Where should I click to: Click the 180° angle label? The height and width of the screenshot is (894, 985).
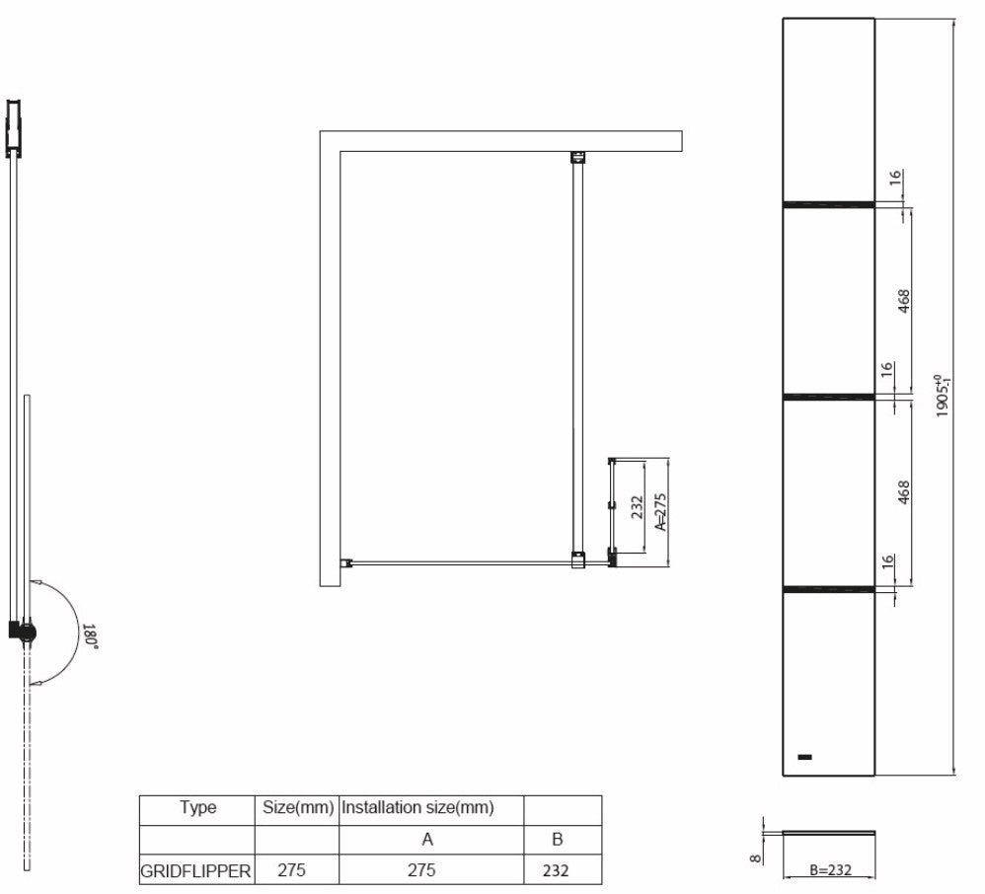tap(90, 635)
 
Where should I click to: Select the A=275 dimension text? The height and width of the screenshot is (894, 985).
tap(660, 512)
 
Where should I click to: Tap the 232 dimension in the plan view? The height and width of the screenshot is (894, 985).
tap(637, 507)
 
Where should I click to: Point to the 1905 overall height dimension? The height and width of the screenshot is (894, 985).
tap(943, 396)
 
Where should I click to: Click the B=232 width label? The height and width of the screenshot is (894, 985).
tap(830, 870)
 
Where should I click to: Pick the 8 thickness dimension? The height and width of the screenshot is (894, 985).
tap(756, 857)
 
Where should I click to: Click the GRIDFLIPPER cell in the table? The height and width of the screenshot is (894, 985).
tap(195, 871)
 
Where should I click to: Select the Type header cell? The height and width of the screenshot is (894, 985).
tap(197, 807)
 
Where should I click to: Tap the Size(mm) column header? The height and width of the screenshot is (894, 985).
tap(298, 807)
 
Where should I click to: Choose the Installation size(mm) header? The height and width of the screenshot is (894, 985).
tap(417, 807)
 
